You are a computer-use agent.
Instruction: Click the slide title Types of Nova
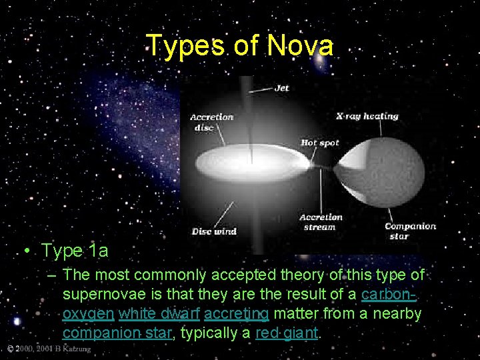pyautogui.click(x=240, y=46)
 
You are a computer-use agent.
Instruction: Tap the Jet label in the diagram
pyautogui.click(x=281, y=88)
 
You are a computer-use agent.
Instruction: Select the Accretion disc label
pyautogui.click(x=211, y=121)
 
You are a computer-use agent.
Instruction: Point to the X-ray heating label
pyautogui.click(x=367, y=116)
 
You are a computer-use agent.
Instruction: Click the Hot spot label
pyautogui.click(x=320, y=143)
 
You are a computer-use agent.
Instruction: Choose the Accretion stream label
pyautogui.click(x=321, y=222)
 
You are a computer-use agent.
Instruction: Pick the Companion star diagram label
pyautogui.click(x=410, y=231)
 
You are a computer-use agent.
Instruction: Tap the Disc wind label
pyautogui.click(x=214, y=231)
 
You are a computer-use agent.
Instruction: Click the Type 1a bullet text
pyautogui.click(x=73, y=251)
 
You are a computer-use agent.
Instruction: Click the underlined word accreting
pyautogui.click(x=236, y=313)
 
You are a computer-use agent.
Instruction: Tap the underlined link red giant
pyautogui.click(x=287, y=332)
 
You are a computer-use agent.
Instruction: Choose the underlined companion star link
pyautogui.click(x=117, y=332)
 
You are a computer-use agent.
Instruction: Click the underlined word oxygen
pyautogui.click(x=88, y=313)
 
